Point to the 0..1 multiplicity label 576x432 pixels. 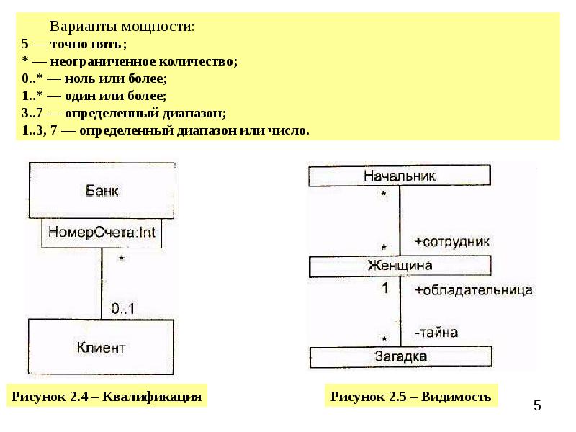tap(122, 309)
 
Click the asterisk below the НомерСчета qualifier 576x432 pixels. tap(121, 259)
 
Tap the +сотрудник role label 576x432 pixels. tap(452, 242)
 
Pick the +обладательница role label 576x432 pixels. tap(474, 290)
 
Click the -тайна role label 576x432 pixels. tap(436, 333)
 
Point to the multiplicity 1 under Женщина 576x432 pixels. tap(384, 288)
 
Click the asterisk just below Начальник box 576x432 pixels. tap(384, 193)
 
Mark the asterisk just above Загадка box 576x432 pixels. tap(384, 338)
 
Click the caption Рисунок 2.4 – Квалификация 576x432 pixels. tap(107, 397)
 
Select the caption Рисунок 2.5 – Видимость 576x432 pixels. tap(410, 397)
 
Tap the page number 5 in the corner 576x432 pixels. tap(537, 405)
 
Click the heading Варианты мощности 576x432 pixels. tap(122, 27)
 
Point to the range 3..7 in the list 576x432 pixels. tap(32, 113)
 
